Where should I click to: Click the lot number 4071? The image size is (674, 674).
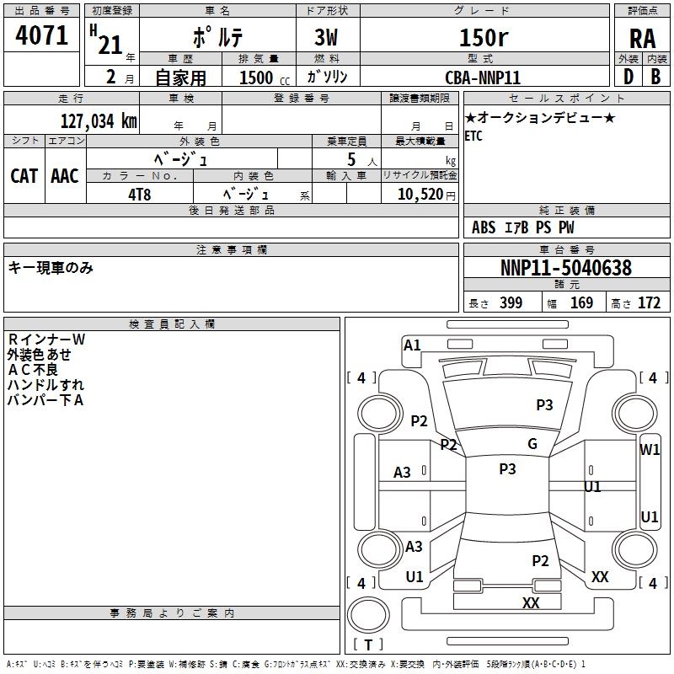tap(41, 35)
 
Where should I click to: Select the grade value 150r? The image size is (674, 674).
tap(484, 37)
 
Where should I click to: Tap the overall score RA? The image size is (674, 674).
tap(642, 39)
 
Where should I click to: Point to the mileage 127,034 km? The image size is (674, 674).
tap(99, 121)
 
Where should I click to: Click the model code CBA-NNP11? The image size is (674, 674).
tap(483, 78)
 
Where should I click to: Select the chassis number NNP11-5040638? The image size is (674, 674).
tap(566, 268)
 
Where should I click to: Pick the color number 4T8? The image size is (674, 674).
tap(139, 195)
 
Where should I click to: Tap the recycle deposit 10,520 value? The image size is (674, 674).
tap(420, 195)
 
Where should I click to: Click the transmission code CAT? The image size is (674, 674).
tap(24, 176)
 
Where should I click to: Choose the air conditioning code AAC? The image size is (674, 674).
tap(65, 176)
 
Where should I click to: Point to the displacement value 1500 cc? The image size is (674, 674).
tap(265, 78)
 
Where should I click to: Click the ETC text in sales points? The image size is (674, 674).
tap(473, 136)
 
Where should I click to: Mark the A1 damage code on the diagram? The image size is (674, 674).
tap(412, 345)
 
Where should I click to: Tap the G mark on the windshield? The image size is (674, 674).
tap(532, 444)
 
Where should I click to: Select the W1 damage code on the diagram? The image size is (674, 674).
tap(650, 450)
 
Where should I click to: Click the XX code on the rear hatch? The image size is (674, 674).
tap(531, 602)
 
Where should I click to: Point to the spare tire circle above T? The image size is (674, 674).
tap(368, 615)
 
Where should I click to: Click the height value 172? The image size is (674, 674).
tap(649, 303)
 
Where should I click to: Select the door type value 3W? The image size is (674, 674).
tap(326, 38)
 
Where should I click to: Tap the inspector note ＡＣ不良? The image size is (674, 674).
tap(33, 370)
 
